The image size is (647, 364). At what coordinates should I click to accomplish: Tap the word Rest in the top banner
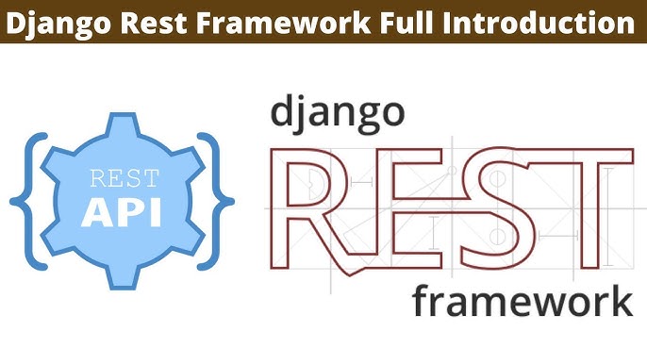[x=150, y=20]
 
